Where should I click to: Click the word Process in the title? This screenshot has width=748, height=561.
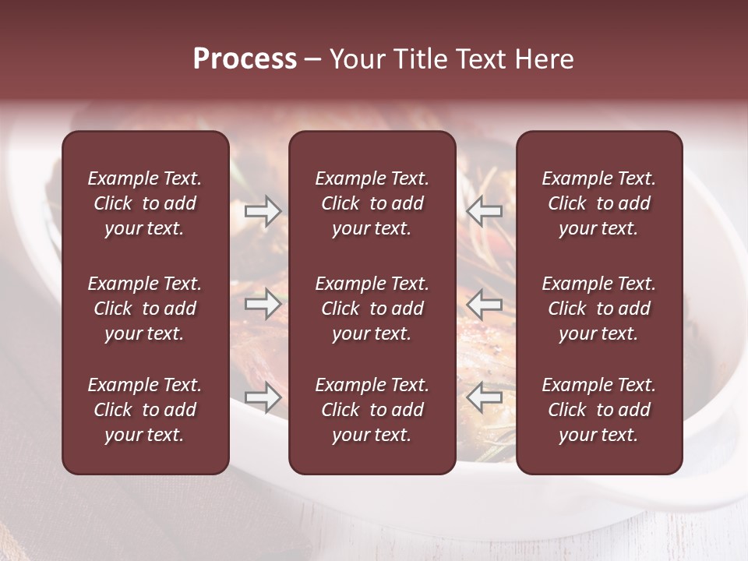(245, 59)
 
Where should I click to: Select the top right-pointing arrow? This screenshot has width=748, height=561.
(263, 211)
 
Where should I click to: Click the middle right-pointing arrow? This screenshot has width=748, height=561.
(263, 304)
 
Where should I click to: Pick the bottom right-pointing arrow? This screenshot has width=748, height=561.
(263, 398)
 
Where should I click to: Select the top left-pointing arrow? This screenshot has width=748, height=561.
(484, 211)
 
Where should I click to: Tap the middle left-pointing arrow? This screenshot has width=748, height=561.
(484, 304)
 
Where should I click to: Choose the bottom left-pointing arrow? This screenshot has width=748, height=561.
(484, 398)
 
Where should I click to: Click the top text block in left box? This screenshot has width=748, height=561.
(145, 203)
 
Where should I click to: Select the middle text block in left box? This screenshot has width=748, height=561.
(145, 309)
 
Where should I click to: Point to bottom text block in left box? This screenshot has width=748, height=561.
(145, 410)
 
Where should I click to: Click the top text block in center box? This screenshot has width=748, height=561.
(372, 203)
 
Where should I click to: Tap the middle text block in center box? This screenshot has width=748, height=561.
(372, 309)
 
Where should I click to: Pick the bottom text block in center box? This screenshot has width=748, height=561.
(372, 410)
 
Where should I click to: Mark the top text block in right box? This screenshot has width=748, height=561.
(599, 203)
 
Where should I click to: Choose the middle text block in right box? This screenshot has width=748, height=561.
(599, 309)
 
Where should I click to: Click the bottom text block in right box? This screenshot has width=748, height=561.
(599, 410)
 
